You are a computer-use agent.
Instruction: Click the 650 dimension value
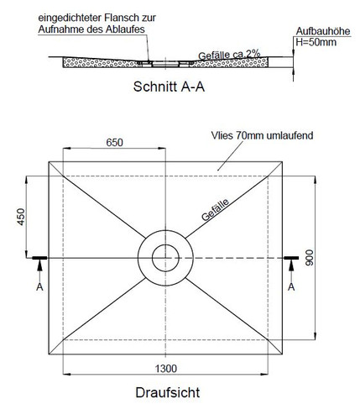[114, 143]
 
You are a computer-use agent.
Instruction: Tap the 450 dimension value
[21, 217]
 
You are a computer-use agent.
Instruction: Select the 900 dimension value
[310, 258]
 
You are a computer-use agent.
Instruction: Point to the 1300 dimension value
[166, 369]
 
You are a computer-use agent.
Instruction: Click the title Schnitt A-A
[169, 87]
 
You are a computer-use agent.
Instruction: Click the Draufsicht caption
[168, 392]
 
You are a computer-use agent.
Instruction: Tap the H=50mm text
[316, 42]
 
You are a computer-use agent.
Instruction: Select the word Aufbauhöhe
[323, 31]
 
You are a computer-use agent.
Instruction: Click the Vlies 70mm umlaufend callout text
[262, 135]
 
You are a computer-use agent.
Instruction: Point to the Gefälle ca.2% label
[229, 54]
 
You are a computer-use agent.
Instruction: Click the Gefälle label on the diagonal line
[215, 209]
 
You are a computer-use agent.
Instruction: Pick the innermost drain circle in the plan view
[165, 244]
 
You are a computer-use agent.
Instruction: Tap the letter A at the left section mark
[39, 286]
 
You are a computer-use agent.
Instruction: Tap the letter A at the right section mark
[291, 286]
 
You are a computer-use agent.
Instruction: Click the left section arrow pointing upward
[39, 270]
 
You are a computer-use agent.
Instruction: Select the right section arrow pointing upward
[291, 270]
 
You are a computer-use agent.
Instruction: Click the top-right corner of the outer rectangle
[282, 161]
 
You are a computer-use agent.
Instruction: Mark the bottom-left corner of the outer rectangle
[49, 354]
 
